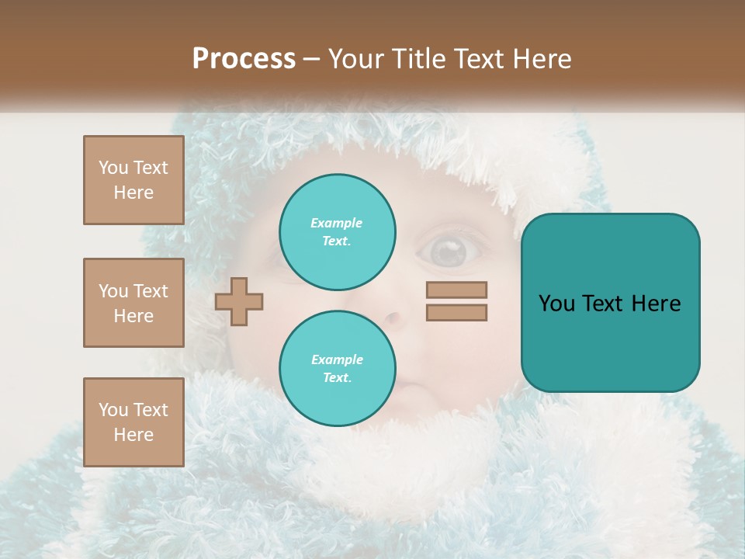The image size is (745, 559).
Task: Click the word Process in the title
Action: coord(244,59)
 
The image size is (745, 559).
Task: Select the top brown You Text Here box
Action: coord(133,180)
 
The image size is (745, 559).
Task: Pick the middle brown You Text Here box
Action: coord(133,303)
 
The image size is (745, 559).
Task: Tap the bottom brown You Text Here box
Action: coord(133,422)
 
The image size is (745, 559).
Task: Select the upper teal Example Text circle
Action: coord(337,232)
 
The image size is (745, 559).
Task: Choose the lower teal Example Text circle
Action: coord(337,369)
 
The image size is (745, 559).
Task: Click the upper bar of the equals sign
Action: coord(456,290)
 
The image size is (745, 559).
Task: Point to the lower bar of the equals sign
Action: coord(456,313)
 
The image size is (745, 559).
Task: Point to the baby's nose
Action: coord(394,318)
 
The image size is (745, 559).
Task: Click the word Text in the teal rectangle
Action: coord(608,304)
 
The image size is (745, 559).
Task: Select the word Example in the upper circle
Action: coord(337,223)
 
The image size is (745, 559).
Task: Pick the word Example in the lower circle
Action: coord(337,359)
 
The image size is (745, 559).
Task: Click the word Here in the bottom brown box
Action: coord(133,435)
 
